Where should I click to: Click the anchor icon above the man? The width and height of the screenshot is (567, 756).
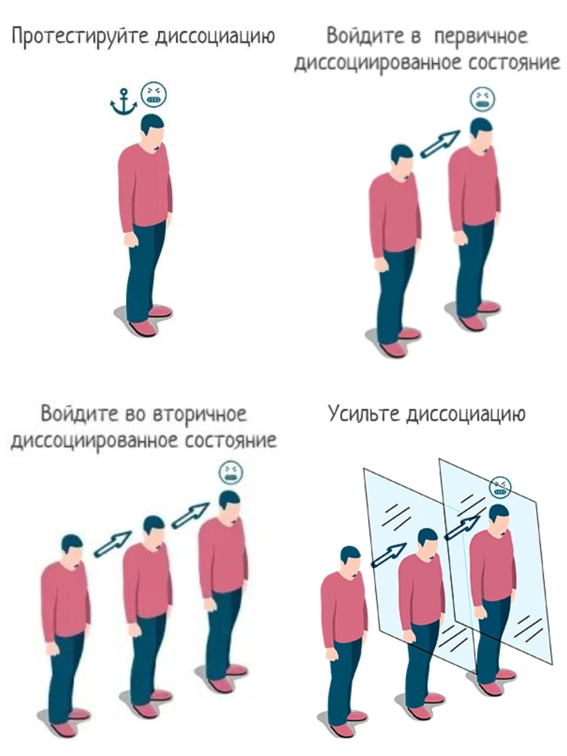[123, 102]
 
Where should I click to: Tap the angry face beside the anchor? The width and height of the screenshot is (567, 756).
[154, 94]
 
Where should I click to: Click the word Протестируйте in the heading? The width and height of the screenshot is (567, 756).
[80, 37]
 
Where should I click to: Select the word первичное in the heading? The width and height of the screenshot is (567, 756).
[481, 37]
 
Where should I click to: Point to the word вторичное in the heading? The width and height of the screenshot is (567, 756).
[200, 414]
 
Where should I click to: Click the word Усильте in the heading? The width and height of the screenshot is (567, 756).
[364, 413]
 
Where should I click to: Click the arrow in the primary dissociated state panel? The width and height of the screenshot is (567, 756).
[440, 144]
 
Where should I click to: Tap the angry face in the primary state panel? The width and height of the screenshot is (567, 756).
[483, 100]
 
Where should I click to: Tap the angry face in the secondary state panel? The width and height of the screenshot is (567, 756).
[231, 472]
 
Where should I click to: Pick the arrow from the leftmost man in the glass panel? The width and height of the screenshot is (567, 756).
[388, 555]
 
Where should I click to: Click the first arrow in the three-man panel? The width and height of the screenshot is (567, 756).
[113, 544]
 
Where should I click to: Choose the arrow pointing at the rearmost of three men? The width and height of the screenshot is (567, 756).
[190, 515]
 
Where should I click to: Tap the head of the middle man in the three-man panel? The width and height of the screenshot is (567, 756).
[154, 532]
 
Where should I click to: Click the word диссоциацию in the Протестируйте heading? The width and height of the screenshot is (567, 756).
[215, 37]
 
